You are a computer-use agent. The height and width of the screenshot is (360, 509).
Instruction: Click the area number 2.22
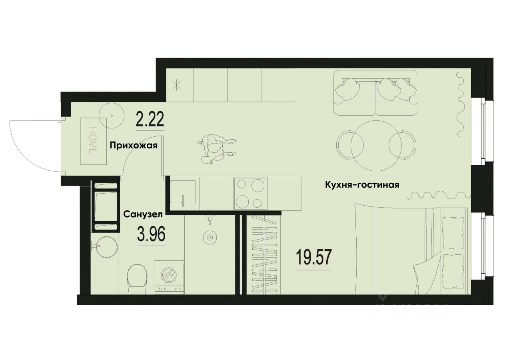[x=150, y=119]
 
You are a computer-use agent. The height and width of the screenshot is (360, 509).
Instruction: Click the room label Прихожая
[x=134, y=146]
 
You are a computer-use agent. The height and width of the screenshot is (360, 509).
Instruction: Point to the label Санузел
[x=142, y=214]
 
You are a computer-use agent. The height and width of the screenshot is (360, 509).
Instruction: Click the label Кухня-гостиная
[x=362, y=185]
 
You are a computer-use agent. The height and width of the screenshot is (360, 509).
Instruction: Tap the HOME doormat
[x=93, y=140]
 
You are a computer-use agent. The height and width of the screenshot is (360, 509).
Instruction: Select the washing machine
[x=169, y=277]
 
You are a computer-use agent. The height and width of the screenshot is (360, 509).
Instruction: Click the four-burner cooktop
[x=251, y=193]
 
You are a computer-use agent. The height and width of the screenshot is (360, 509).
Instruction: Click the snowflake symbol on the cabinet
[x=176, y=85]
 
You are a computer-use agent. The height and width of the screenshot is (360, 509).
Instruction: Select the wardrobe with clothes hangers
[x=264, y=254]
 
